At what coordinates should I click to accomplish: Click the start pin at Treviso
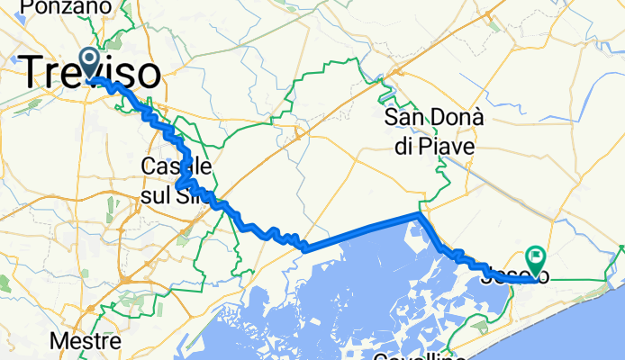91,62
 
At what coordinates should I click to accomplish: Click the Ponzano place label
59,7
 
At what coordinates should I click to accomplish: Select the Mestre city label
86,342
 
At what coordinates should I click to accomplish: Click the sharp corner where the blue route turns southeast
418,215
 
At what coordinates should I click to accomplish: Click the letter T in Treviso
30,72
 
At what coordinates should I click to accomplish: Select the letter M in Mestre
58,342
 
